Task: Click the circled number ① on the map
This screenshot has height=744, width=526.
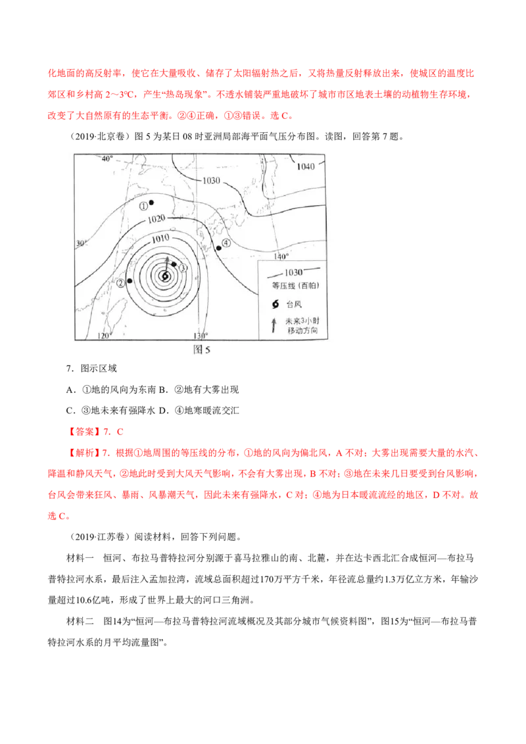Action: pyautogui.click(x=144, y=206)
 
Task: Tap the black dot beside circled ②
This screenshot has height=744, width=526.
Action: pyautogui.click(x=130, y=281)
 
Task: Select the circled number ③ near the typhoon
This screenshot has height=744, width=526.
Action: pyautogui.click(x=183, y=267)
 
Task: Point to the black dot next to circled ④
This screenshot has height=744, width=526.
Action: pyautogui.click(x=218, y=248)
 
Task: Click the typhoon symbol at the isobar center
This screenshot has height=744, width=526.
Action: pyautogui.click(x=166, y=276)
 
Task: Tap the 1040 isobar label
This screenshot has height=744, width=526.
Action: pyautogui.click(x=306, y=166)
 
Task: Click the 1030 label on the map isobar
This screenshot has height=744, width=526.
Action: pyautogui.click(x=212, y=180)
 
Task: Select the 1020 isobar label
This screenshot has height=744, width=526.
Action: pyautogui.click(x=156, y=218)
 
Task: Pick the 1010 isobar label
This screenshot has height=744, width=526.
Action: pyautogui.click(x=161, y=237)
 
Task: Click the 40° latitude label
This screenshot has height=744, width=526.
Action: pyautogui.click(x=107, y=158)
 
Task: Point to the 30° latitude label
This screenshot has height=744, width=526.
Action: pyautogui.click(x=81, y=243)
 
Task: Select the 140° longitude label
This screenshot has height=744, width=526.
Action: pyautogui.click(x=281, y=256)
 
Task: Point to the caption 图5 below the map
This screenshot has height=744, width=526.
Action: pyautogui.click(x=201, y=350)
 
